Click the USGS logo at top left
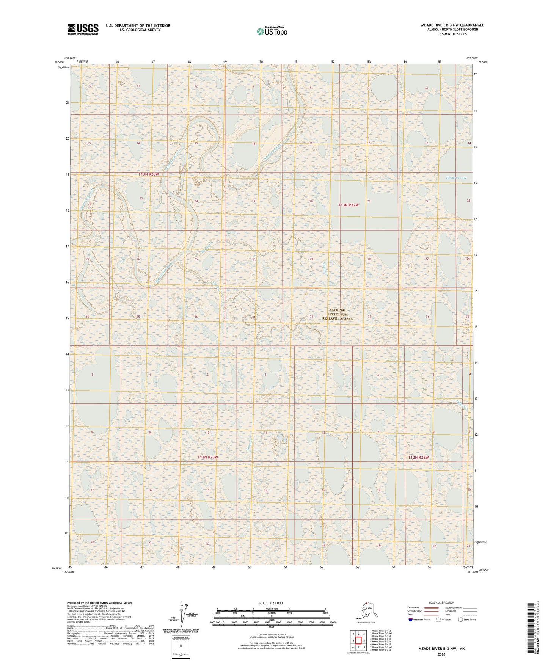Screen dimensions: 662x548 pos(83,29)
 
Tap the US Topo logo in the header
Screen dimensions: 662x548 pos(272,31)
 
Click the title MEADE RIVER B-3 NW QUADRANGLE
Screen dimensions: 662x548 pos(452,25)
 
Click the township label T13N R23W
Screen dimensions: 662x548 pos(151,174)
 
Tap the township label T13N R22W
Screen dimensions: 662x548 pos(348,205)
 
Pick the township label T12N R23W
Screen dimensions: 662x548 pos(207,457)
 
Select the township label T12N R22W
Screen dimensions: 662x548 pos(418,458)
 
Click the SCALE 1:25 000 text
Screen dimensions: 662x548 pos(271,603)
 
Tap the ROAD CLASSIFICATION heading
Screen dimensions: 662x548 pos(441,602)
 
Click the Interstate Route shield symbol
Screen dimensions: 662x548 pos(411,620)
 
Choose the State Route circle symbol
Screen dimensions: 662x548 pos(461,620)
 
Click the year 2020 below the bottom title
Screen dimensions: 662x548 pos(441,654)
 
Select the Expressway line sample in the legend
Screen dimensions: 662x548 pos(432,608)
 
